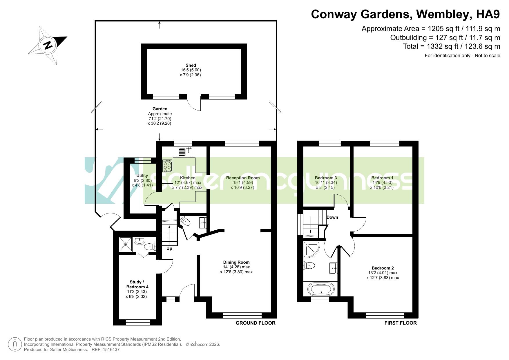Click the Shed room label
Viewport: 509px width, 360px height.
coord(191,65)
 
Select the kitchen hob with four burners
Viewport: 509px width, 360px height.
coord(168,166)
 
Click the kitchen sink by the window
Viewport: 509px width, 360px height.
coord(186,152)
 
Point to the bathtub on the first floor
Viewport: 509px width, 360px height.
coord(321,289)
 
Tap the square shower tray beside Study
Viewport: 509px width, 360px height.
coord(126,244)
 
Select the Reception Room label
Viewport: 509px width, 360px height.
coord(243,178)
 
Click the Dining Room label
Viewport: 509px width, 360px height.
coord(236,262)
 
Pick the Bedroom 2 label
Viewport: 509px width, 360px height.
coord(383,268)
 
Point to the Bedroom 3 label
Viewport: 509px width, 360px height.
coord(326,178)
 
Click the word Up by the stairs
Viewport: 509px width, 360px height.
coord(169,248)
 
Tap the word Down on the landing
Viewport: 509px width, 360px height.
coord(332,217)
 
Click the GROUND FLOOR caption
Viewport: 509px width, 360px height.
coord(256,323)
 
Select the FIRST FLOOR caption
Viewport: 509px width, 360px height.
coord(401,323)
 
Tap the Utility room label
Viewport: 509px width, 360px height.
coord(142,176)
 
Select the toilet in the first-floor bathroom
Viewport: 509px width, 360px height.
coord(309,265)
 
